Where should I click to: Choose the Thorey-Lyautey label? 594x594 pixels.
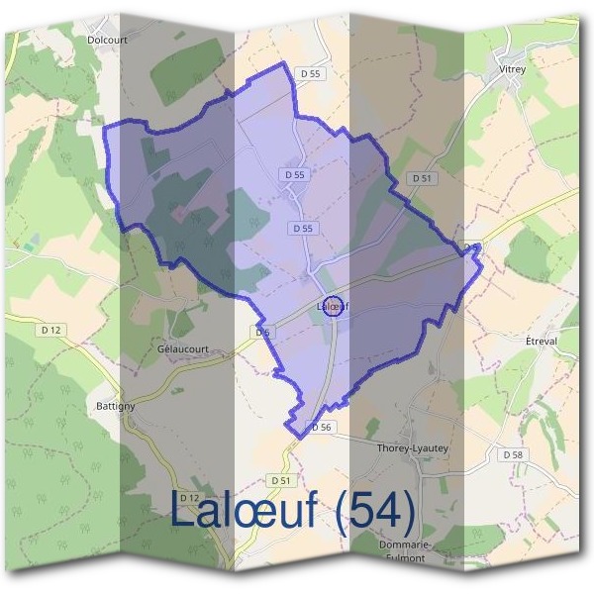click(x=413, y=448)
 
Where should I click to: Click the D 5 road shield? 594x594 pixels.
click(x=261, y=333)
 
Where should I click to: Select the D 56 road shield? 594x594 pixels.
click(x=319, y=428)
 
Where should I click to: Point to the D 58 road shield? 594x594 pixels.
click(x=512, y=454)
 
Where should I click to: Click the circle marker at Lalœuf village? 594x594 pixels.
click(x=334, y=306)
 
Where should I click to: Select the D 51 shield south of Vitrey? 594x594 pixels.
click(x=422, y=178)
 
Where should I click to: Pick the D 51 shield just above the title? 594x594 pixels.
click(x=282, y=480)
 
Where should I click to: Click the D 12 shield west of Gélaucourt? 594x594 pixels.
click(x=52, y=329)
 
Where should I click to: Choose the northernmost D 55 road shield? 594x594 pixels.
click(x=312, y=73)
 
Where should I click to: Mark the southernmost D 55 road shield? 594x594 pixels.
click(x=304, y=229)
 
